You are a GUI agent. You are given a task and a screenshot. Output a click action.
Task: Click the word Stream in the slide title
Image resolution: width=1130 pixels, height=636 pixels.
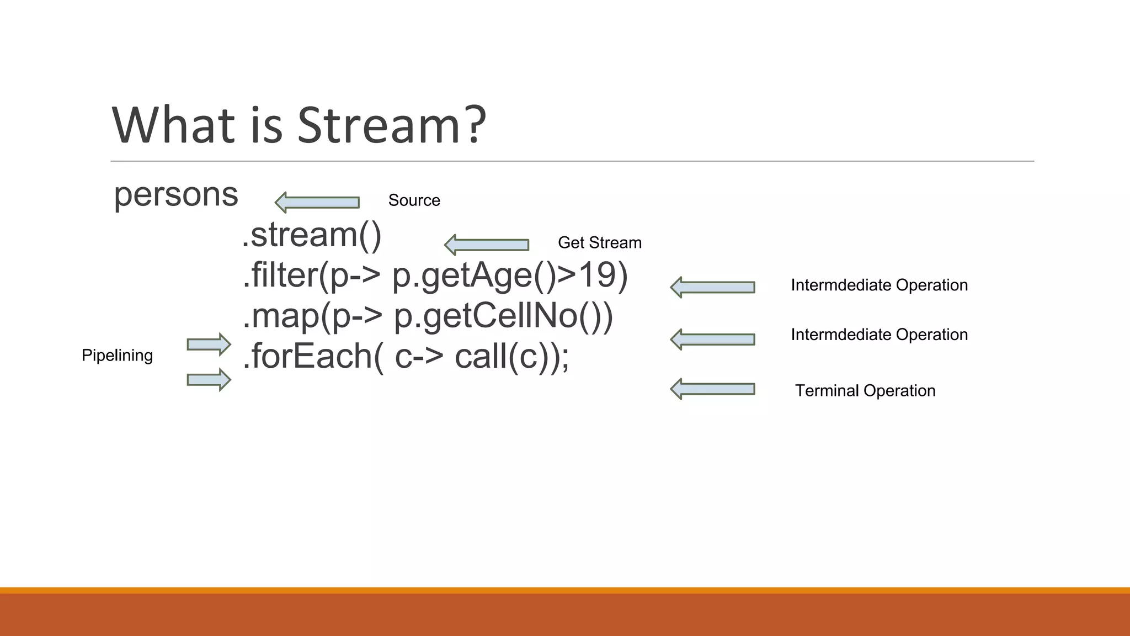coord(378,126)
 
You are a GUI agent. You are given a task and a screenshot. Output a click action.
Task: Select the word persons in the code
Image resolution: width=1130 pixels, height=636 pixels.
coord(175,195)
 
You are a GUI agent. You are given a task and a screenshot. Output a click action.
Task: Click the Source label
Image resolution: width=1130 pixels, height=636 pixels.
coord(414,200)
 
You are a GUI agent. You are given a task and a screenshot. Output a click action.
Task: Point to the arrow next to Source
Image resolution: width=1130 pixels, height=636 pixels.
coord(317,203)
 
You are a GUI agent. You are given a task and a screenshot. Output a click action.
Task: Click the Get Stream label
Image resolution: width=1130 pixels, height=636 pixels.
coord(600,243)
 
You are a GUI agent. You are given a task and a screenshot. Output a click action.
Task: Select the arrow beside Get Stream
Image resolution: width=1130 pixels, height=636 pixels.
coord(487,245)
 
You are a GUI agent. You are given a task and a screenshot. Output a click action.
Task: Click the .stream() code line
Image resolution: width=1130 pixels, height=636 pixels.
coord(312,235)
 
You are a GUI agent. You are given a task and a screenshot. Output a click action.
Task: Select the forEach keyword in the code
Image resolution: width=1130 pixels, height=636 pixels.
coord(312,356)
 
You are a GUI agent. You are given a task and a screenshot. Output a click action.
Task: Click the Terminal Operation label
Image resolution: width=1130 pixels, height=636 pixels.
coord(865,391)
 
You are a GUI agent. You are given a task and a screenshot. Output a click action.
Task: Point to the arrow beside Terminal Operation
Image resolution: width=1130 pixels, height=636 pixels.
coord(713,389)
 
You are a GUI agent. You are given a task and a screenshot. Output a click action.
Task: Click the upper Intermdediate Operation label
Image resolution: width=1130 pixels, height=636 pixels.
coord(879,285)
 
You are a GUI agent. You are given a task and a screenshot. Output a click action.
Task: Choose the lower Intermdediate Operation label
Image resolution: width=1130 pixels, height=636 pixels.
coord(879,335)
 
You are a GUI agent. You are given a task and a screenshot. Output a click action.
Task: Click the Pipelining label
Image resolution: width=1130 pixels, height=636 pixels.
coord(117,356)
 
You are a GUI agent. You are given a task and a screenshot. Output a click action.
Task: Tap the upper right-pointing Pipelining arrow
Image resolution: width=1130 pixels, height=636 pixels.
coord(209,344)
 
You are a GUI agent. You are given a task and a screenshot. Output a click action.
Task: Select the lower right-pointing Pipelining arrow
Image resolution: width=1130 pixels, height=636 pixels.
coord(209,380)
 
